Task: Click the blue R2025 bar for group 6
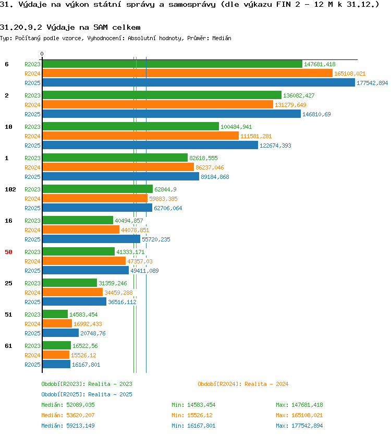pyautogui.click(x=199, y=82)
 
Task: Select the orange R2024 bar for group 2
pyautogui.click(x=158, y=104)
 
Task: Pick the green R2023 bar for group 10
pyautogui.click(x=131, y=126)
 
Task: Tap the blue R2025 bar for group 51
pyautogui.click(x=60, y=333)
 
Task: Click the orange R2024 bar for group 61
pyautogui.click(x=56, y=355)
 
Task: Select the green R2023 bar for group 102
pyautogui.click(x=97, y=189)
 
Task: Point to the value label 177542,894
pyautogui.click(x=372, y=83)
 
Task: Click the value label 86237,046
pyautogui.click(x=210, y=167)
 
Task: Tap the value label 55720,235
pyautogui.click(x=156, y=239)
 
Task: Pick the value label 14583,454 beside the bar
pyautogui.click(x=83, y=315)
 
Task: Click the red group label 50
pyautogui.click(x=8, y=252)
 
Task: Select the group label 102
pyautogui.click(x=10, y=189)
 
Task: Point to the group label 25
pyautogui.click(x=8, y=283)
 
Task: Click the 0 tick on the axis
pyautogui.click(x=42, y=54)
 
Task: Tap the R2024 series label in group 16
pyautogui.click(x=32, y=230)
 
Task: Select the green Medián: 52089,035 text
pyautogui.click(x=68, y=405)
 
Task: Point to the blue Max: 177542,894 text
pyautogui.click(x=299, y=426)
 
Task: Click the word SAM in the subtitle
pyautogui.click(x=101, y=27)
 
